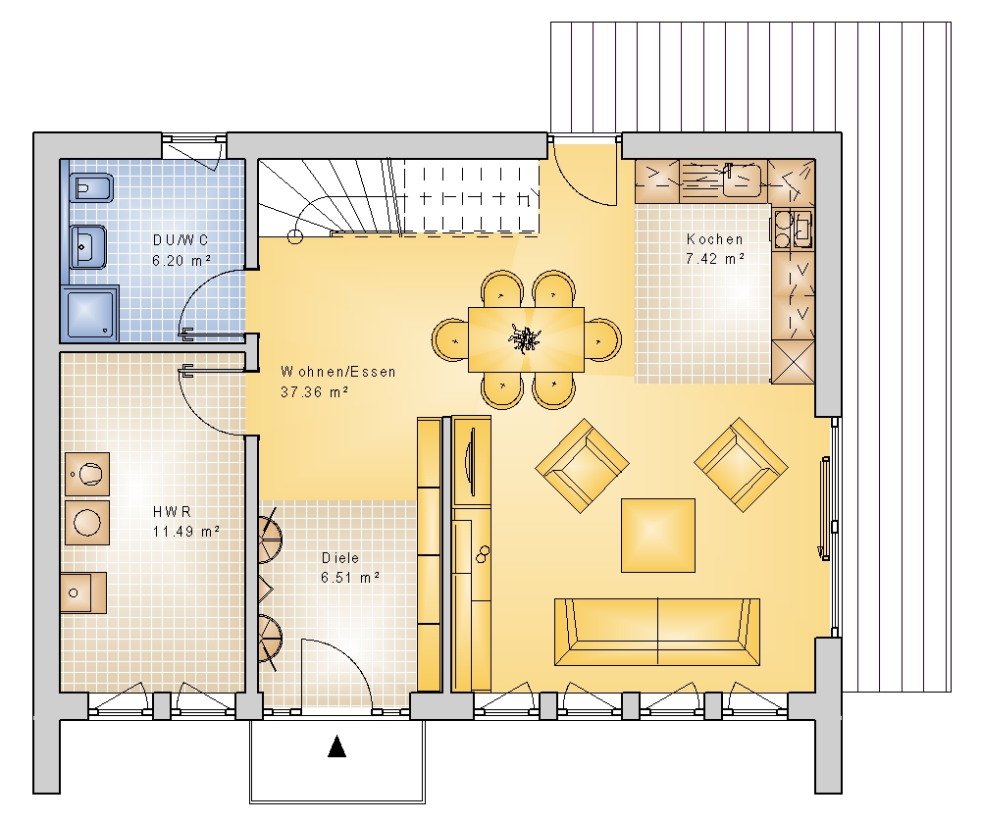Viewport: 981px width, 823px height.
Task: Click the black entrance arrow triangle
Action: coord(337,746)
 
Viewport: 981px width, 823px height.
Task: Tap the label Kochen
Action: coord(714,239)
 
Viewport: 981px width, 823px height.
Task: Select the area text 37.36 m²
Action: coord(314,392)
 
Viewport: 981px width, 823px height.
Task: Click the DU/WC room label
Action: coord(181,240)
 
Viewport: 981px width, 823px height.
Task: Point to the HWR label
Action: coord(172,512)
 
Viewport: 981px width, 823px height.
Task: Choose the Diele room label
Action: coord(340,558)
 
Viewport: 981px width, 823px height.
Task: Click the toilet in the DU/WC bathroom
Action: coord(92,187)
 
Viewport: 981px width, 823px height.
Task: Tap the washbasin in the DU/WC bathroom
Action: coord(87,247)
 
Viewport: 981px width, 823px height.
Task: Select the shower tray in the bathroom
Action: coord(89,314)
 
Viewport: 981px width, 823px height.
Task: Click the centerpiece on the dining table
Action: coord(524,339)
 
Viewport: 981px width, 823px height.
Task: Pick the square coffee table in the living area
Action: coord(658,536)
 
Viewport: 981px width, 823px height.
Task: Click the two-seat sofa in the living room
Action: coord(657,632)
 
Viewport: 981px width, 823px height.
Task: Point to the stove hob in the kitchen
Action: coord(794,229)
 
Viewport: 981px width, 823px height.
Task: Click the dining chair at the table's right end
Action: coord(603,340)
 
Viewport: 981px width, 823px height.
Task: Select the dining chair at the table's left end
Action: coord(450,340)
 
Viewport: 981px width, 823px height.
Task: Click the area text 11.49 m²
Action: coord(185,532)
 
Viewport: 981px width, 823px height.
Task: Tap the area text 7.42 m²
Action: coord(714,258)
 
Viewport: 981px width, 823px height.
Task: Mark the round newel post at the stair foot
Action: coord(295,236)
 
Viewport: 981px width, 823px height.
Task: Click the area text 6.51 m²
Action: coord(350,577)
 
